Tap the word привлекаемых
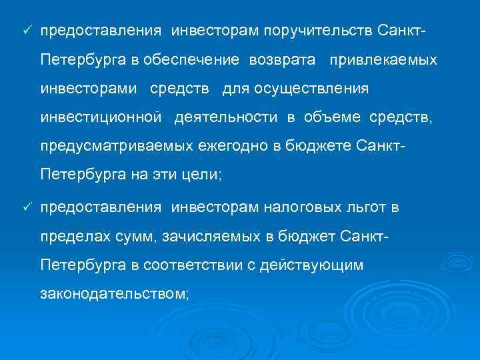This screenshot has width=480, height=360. pos(382,60)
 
